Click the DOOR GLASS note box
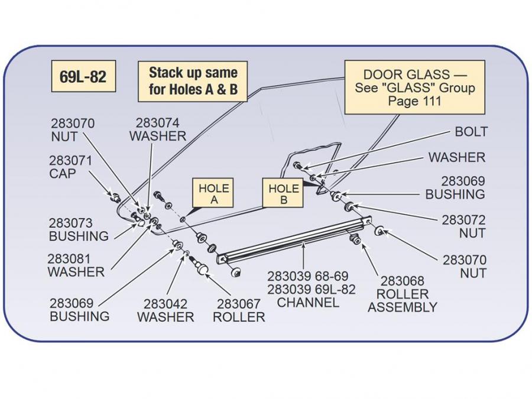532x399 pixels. pyautogui.click(x=414, y=87)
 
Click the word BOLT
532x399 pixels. pyautogui.click(x=471, y=131)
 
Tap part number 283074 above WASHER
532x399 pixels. pyautogui.click(x=157, y=123)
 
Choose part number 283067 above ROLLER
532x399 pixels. pyautogui.click(x=239, y=304)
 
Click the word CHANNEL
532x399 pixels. pyautogui.click(x=308, y=303)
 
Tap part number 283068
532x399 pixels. pyautogui.click(x=403, y=281)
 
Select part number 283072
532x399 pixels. pyautogui.click(x=463, y=220)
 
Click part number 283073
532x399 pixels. pyautogui.click(x=71, y=223)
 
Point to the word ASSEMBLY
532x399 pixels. pyautogui.click(x=403, y=307)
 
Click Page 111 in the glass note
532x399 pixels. pyautogui.click(x=414, y=101)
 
